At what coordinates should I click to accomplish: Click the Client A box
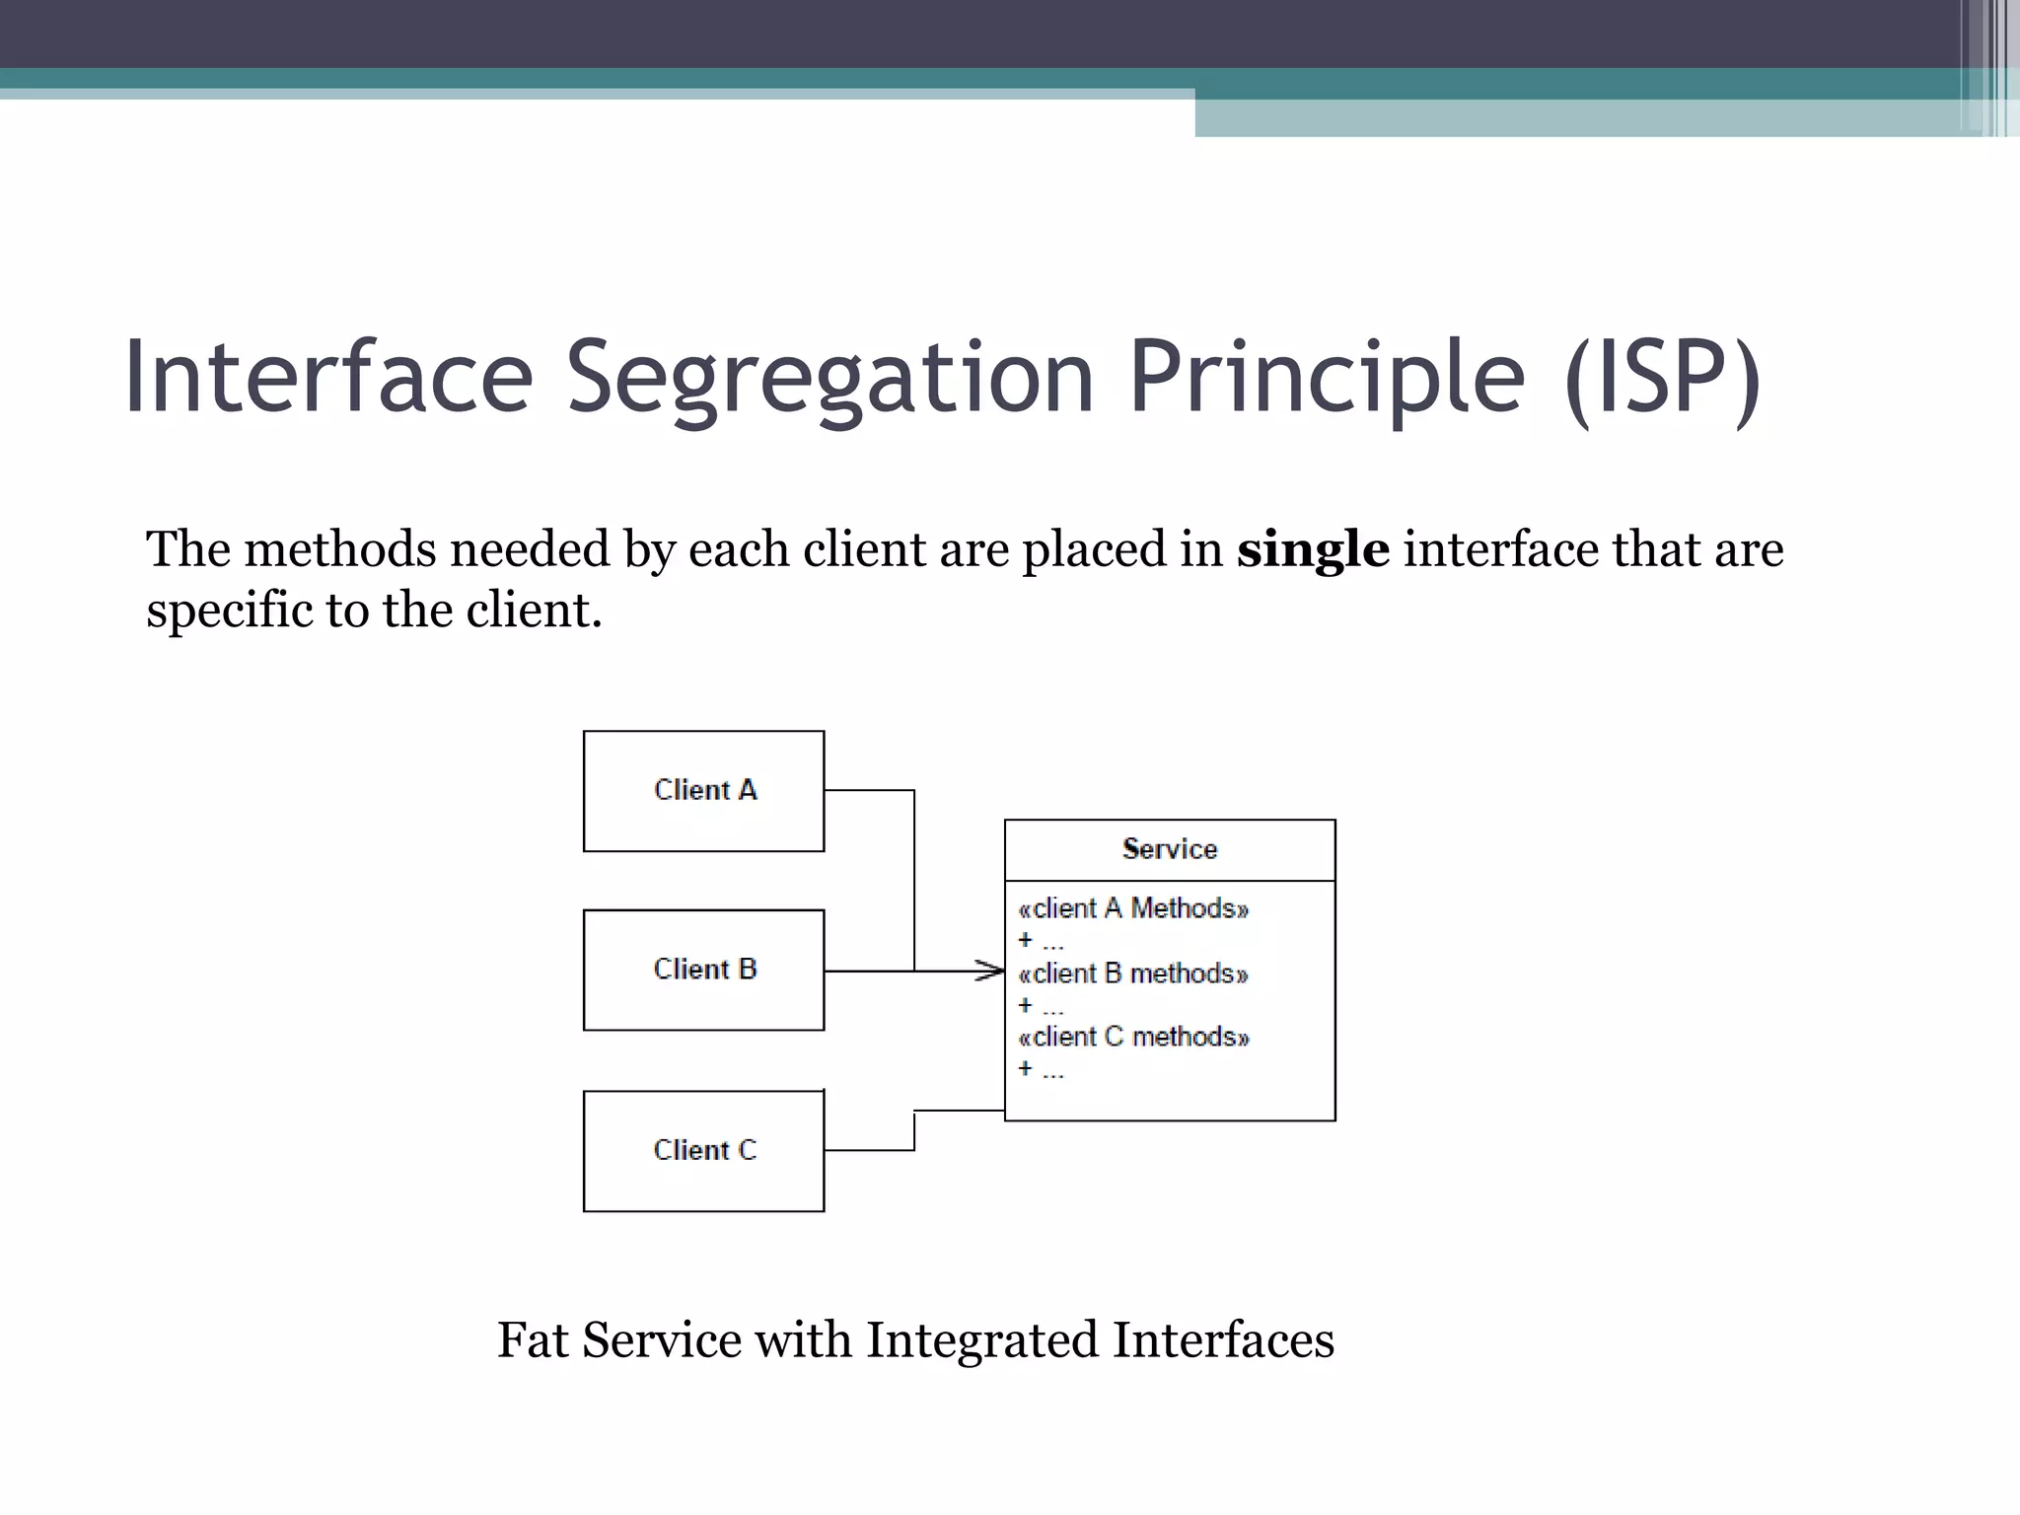[x=703, y=791]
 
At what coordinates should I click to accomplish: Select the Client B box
[x=703, y=970]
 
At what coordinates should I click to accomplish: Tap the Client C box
[x=703, y=1150]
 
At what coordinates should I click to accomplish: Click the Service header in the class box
[x=1170, y=849]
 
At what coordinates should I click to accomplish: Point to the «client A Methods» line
[x=1133, y=908]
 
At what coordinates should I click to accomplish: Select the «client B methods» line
[x=1133, y=974]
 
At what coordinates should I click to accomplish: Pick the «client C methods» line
[x=1133, y=1037]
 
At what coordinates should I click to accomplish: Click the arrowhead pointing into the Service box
[x=991, y=971]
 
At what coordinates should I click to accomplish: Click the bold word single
[x=1313, y=549]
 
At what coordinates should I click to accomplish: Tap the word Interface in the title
[x=328, y=377]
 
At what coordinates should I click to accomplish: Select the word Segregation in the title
[x=830, y=377]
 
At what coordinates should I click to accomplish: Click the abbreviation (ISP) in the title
[x=1662, y=377]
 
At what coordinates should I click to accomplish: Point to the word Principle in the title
[x=1326, y=377]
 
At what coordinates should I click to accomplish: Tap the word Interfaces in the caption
[x=1223, y=1340]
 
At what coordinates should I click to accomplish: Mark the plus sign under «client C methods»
[x=1026, y=1069]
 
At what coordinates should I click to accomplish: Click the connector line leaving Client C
[x=868, y=1150]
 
